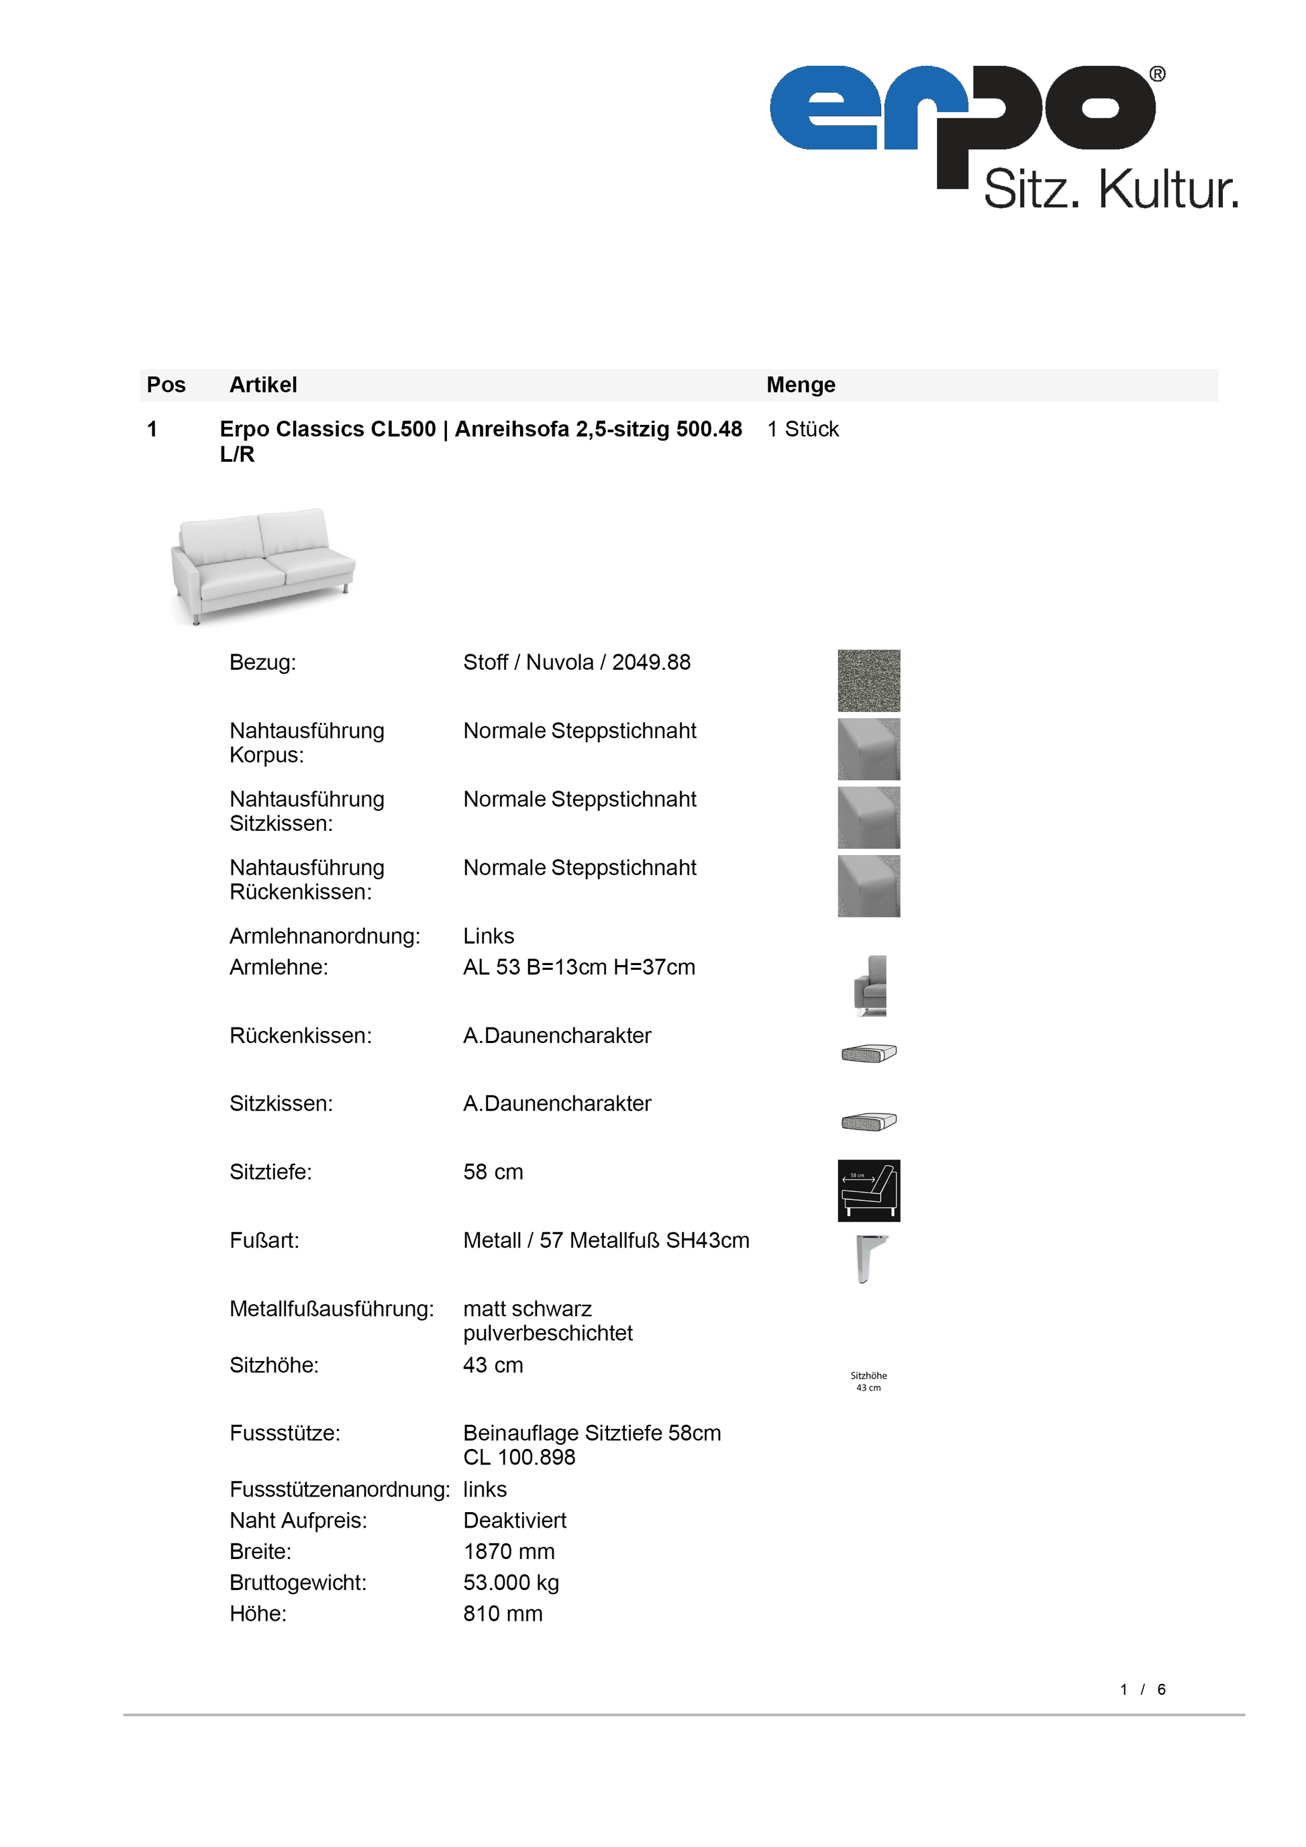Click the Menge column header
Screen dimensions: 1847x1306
[800, 385]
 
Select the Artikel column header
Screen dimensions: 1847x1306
[263, 385]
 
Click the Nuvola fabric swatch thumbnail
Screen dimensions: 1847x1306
[868, 681]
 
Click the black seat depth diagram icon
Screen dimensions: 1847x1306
[868, 1191]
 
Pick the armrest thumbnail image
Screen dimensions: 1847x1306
[869, 985]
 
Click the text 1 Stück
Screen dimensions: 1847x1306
[802, 429]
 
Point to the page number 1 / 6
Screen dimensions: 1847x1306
[1142, 1689]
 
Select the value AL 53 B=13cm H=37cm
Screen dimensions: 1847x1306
[579, 967]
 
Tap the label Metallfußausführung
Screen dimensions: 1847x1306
[332, 1309]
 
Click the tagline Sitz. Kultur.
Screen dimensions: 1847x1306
[1111, 190]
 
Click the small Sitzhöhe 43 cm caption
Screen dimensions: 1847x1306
[868, 1381]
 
